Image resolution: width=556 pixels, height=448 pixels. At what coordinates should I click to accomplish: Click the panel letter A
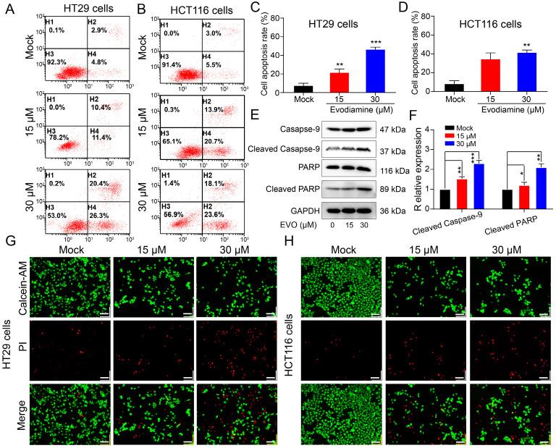coord(9,9)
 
